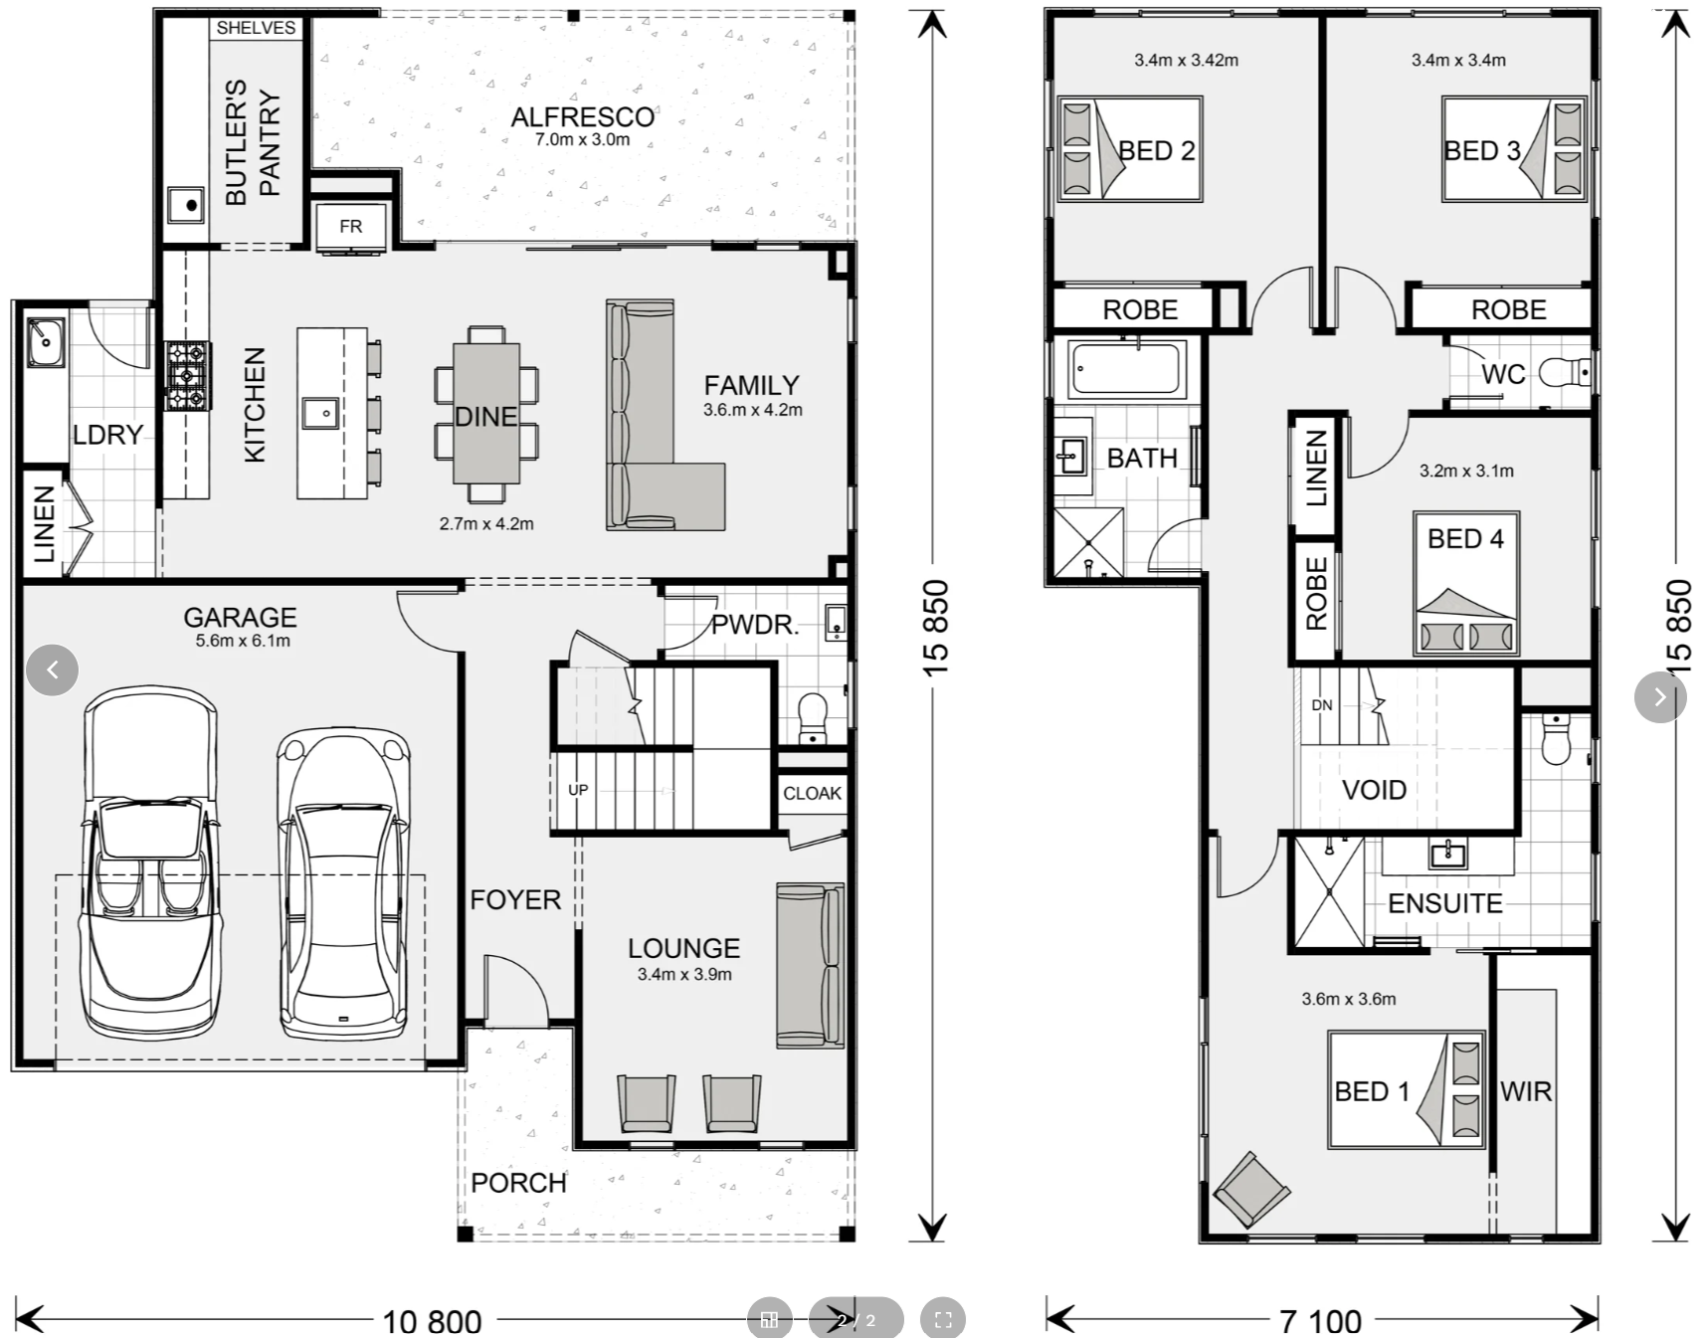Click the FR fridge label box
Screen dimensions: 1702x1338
coord(350,226)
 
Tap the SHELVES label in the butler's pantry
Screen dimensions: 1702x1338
coord(256,28)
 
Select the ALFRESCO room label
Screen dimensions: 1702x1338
coord(582,117)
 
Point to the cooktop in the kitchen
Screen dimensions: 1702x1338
coord(188,376)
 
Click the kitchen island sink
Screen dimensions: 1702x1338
coord(320,412)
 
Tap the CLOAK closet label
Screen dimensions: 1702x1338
coord(812,793)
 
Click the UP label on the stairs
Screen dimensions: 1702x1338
coord(578,790)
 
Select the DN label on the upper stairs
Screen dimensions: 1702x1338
coord(1322,705)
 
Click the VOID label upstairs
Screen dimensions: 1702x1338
coord(1374,790)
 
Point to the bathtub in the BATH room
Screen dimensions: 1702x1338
coord(1128,369)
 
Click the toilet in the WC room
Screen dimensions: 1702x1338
coord(1565,374)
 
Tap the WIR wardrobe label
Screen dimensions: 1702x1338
coord(1525,1091)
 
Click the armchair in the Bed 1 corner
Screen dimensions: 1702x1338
coord(1251,1189)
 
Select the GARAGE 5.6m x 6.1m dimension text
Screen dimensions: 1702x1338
coord(243,641)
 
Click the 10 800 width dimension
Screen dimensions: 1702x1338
coord(432,1321)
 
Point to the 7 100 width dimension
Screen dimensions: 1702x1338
coord(1320,1321)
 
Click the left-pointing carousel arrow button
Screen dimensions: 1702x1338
coord(52,669)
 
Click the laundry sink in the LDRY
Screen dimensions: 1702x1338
coord(45,341)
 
